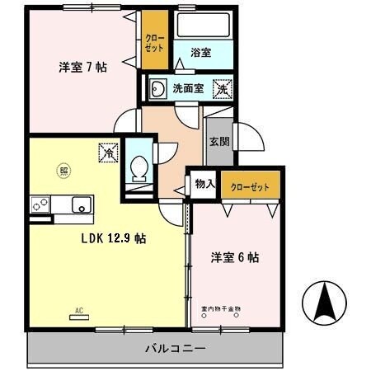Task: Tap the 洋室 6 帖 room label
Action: [x=235, y=257]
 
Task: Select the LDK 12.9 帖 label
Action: [x=113, y=237]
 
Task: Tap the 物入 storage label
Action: [x=204, y=185]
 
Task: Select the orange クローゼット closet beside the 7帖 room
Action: [x=154, y=43]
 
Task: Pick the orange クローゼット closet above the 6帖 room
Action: [x=251, y=186]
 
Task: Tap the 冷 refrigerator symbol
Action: [x=108, y=152]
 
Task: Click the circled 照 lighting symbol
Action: [x=63, y=171]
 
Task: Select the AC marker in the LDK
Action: [x=80, y=311]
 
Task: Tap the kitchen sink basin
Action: [x=81, y=205]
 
